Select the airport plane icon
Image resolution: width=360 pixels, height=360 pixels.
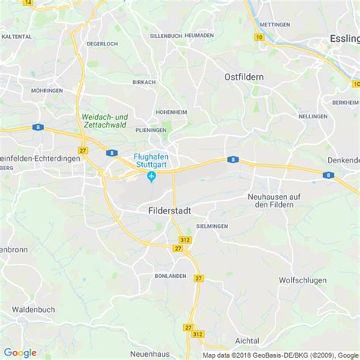pos(151,177)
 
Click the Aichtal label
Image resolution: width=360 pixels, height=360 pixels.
pos(248,341)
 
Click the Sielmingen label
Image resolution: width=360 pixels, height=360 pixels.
pos(212,226)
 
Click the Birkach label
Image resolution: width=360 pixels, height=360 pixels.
pos(144,81)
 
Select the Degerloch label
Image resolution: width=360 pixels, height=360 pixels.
pos(102,43)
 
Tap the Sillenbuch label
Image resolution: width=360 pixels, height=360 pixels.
pos(166,36)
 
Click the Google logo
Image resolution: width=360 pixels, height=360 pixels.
pos(20,352)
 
